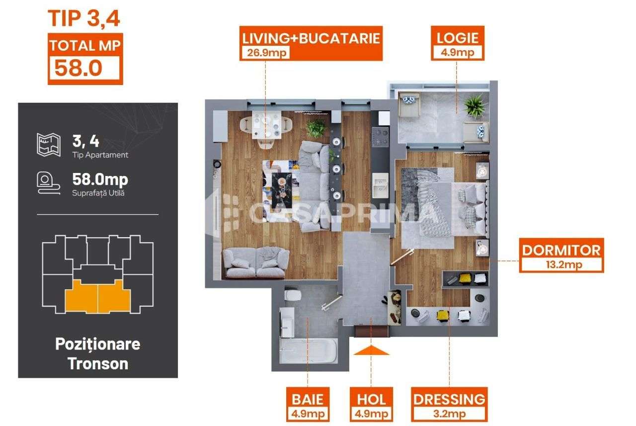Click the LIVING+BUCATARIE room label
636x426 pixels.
pyautogui.click(x=311, y=38)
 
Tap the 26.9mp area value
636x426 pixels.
pyautogui.click(x=265, y=53)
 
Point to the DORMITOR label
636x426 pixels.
pyautogui.click(x=561, y=250)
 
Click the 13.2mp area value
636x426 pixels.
pyautogui.click(x=561, y=264)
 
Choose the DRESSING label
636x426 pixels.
pyautogui.click(x=449, y=399)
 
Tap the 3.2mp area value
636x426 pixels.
pyautogui.click(x=449, y=413)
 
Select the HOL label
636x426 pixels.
pyautogui.click(x=371, y=399)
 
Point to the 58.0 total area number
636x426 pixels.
pyautogui.click(x=79, y=67)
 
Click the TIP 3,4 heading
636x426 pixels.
pyautogui.click(x=84, y=18)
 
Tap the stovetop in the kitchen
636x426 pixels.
pyautogui.click(x=381, y=137)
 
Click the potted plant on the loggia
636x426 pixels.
pyautogui.click(x=474, y=107)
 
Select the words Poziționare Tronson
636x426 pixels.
pyautogui.click(x=97, y=353)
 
